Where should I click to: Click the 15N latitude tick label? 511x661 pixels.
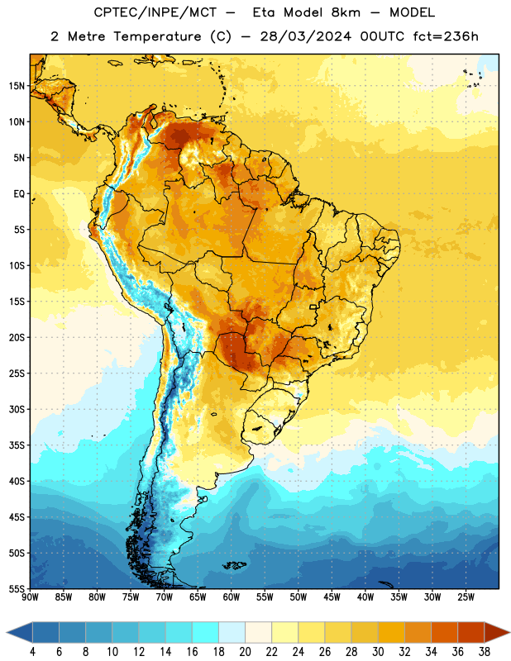tap(17, 86)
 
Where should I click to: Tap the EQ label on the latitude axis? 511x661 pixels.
tap(19, 194)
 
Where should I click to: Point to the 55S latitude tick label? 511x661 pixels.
tap(17, 588)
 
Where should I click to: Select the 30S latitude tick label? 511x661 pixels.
tap(17, 409)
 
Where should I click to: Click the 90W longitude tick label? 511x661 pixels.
tap(30, 597)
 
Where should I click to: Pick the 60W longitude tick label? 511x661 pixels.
tap(232, 597)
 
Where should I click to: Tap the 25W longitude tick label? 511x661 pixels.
tap(466, 597)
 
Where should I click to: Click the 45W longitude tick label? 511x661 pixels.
tap(332, 597)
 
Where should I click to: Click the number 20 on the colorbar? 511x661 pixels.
tap(245, 652)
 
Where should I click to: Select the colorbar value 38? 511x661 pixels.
tap(485, 652)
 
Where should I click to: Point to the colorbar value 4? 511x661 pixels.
tap(32, 652)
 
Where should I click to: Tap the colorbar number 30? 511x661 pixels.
tap(378, 652)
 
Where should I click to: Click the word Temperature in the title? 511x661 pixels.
tap(157, 36)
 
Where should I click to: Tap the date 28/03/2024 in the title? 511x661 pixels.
tap(305, 36)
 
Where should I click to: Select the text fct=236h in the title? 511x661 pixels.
tap(446, 36)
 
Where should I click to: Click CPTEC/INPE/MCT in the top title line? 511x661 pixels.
tap(155, 12)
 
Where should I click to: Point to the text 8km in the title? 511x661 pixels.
tap(346, 12)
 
